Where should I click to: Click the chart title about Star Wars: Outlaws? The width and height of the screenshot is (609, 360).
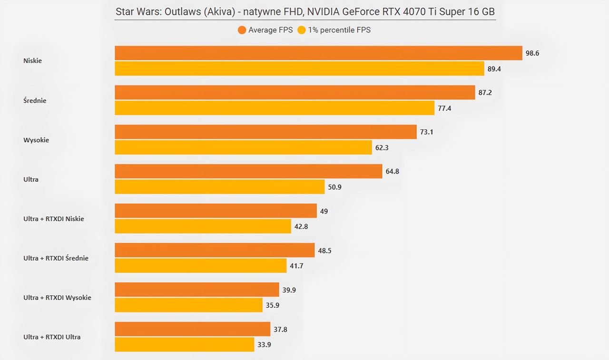[x=305, y=12]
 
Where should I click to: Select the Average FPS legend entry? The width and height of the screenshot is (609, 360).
[x=265, y=30]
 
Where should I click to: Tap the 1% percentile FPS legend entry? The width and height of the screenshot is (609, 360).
[x=334, y=30]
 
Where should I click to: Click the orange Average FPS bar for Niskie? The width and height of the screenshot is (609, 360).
[x=318, y=53]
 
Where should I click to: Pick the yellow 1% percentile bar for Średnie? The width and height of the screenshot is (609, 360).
[x=275, y=108]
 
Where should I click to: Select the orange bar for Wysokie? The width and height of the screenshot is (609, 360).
[x=265, y=132]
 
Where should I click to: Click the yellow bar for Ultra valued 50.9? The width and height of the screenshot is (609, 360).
[x=220, y=186]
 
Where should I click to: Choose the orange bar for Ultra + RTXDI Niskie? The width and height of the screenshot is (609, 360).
[x=216, y=211]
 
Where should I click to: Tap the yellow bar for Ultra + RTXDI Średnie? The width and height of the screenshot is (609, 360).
[x=201, y=265]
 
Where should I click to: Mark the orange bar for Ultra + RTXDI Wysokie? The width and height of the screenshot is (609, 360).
[x=197, y=289]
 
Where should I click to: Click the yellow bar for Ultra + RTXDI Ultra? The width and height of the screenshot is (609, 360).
[x=184, y=344]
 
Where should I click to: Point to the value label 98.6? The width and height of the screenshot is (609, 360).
[x=532, y=53]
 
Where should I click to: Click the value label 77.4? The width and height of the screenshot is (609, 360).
[x=444, y=108]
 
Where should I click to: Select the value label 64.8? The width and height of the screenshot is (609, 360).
[x=393, y=172]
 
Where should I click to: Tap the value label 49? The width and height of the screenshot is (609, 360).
[x=324, y=211]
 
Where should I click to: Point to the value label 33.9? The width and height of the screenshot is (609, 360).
[x=264, y=345]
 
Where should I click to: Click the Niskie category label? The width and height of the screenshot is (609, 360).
[x=33, y=60]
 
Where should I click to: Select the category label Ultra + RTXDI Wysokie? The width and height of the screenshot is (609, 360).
[x=58, y=298]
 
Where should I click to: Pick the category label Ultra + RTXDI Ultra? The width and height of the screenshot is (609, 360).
[x=52, y=337]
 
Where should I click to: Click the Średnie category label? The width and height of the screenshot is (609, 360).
[x=35, y=100]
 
